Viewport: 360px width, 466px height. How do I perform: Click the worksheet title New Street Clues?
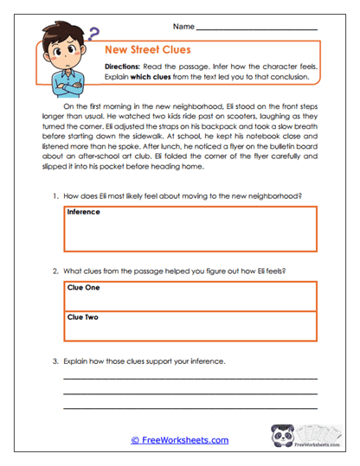(147, 50)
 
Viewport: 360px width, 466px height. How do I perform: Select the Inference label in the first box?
(84, 211)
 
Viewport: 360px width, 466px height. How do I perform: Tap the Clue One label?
(82, 288)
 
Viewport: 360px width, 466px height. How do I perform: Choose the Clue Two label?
(82, 317)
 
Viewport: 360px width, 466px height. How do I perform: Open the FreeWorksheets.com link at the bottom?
(179, 440)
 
